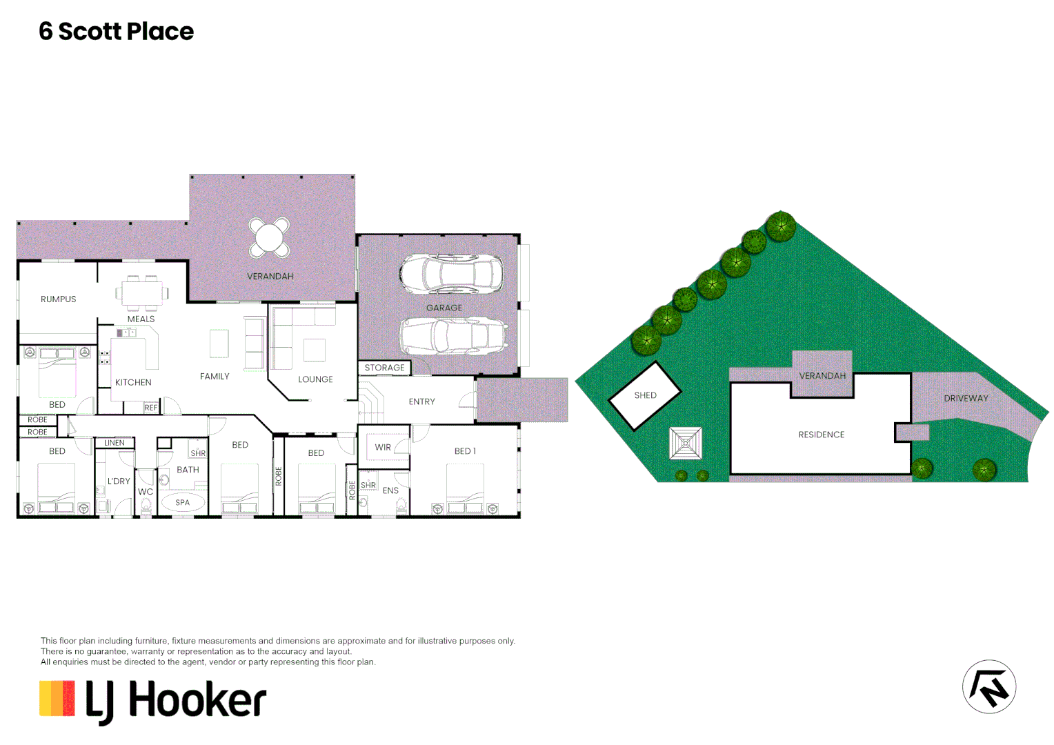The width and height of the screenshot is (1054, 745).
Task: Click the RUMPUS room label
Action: coord(59,299)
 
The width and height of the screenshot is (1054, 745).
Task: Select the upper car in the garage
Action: coord(451,274)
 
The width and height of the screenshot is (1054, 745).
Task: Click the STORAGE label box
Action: coord(384,368)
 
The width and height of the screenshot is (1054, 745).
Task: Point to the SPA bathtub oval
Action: coord(182,502)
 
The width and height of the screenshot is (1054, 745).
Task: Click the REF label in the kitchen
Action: coord(151,408)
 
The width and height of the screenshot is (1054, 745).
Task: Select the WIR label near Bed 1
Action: coord(383,448)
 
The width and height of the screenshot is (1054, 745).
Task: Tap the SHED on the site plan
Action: coord(645,395)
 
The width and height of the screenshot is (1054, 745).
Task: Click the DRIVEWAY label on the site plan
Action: coord(966,398)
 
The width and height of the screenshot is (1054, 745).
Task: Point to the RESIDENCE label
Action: coord(821,435)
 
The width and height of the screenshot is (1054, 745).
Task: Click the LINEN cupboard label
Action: coord(115,443)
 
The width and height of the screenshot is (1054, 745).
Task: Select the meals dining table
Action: coord(143,293)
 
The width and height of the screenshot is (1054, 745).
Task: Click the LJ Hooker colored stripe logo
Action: coord(57,698)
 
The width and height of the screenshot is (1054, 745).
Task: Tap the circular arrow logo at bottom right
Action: coord(988,687)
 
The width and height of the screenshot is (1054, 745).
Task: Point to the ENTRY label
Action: coord(421,401)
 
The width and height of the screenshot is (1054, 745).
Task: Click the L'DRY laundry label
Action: coord(119,481)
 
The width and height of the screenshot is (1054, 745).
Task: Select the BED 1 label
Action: coord(465,451)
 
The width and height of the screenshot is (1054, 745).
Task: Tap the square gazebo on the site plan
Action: coord(686,443)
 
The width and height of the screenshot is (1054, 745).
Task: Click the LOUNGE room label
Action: coord(315,379)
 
